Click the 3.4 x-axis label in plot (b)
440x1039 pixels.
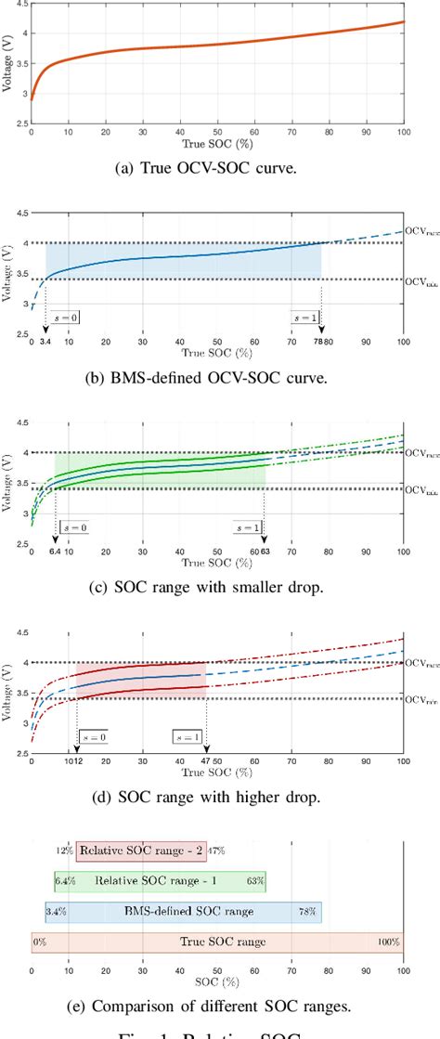tap(44, 342)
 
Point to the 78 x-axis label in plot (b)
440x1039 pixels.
tap(318, 342)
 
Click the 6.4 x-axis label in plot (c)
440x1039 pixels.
tap(54, 552)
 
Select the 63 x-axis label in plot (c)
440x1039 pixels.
tap(266, 552)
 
